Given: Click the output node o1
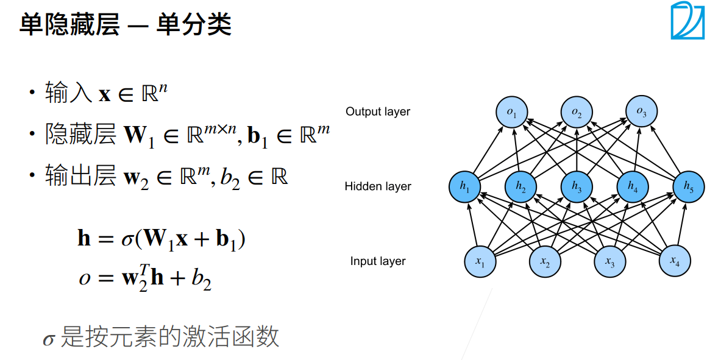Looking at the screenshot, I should [x=511, y=113].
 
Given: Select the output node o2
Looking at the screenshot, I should [x=577, y=113].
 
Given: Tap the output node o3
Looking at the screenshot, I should [x=641, y=112].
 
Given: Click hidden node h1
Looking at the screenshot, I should [x=465, y=187].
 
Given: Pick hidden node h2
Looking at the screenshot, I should [x=521, y=187].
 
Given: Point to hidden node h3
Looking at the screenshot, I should [x=577, y=187].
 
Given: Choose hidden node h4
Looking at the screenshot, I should [x=632, y=187].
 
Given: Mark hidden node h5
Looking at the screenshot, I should [x=688, y=187].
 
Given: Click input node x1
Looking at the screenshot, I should [x=480, y=261].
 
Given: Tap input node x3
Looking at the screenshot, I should [x=609, y=261].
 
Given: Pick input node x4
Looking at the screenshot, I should [x=674, y=261].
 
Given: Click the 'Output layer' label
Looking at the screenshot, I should [x=378, y=111].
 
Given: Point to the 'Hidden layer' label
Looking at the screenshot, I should [x=378, y=186].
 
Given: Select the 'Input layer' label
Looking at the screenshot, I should [x=378, y=261].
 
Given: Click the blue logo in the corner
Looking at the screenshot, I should [x=687, y=21].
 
